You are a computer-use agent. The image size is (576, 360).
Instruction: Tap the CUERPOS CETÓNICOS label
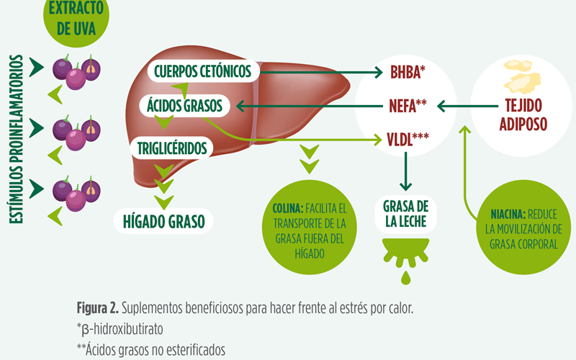click(x=202, y=72)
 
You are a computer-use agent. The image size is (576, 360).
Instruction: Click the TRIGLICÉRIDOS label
click(x=171, y=148)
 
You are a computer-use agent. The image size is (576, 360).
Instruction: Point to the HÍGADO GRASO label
click(x=163, y=220)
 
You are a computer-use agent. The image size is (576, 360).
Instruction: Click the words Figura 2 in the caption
click(x=96, y=308)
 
